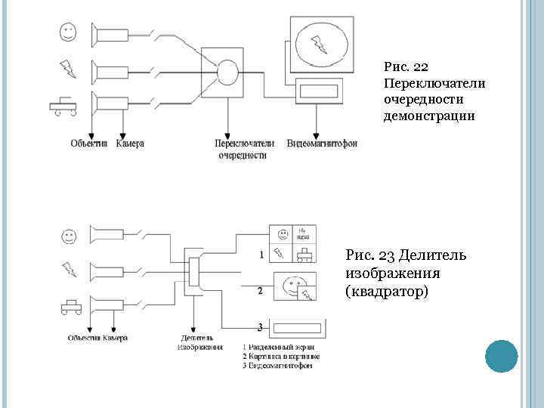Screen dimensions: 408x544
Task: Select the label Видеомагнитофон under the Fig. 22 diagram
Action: (x=322, y=143)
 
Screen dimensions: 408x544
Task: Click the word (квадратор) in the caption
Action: (x=386, y=289)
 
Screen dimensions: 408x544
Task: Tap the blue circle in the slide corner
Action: (x=499, y=355)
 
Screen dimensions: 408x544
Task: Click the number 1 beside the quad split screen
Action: (x=261, y=255)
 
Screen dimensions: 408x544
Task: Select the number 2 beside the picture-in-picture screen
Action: (x=260, y=290)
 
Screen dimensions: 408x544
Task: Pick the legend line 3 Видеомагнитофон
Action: (x=277, y=366)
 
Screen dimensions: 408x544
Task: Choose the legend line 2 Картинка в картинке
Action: (x=281, y=357)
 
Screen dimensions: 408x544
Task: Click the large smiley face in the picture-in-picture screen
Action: (x=293, y=287)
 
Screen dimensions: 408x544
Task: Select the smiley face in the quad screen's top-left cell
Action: (x=283, y=233)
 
